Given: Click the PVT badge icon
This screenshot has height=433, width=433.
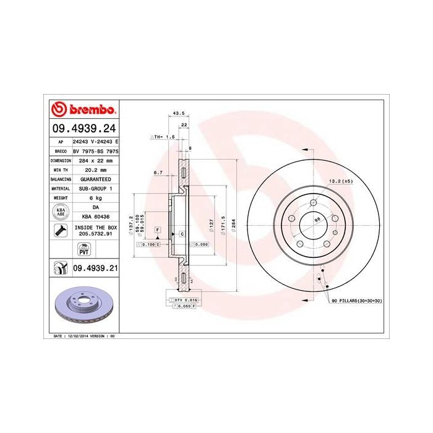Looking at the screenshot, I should click(x=83, y=249).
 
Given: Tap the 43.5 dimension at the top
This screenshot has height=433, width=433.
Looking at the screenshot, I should click(x=178, y=114).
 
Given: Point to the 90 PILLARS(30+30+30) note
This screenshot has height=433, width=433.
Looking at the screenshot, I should click(x=357, y=299).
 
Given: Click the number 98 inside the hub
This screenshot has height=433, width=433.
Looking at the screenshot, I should click(x=317, y=220).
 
